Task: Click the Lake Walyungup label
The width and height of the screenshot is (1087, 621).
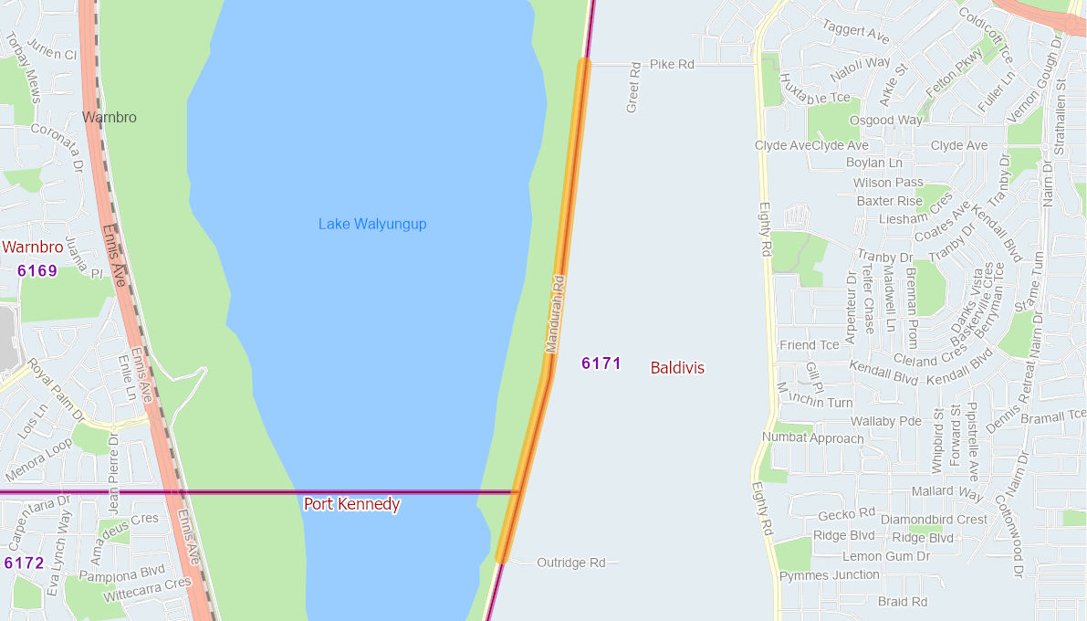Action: pos(372,224)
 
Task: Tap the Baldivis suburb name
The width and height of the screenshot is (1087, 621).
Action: pos(677,368)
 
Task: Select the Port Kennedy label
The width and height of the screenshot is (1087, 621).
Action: pos(351,504)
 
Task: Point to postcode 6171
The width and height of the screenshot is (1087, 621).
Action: pos(601,363)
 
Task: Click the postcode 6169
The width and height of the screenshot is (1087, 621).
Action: pos(37,270)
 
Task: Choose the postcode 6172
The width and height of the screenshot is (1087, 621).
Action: pos(24,563)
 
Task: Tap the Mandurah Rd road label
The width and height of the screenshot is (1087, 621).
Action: pos(556,314)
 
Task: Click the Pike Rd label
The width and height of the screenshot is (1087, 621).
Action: pos(672,65)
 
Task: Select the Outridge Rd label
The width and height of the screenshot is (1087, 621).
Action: pos(571,563)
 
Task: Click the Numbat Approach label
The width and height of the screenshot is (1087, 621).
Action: pos(813,438)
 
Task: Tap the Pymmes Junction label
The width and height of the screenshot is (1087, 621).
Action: pos(830,575)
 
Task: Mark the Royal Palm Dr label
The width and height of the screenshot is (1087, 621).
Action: pos(55,390)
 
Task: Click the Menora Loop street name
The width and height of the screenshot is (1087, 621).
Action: pos(38,460)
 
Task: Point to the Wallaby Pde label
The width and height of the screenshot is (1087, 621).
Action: pos(886,422)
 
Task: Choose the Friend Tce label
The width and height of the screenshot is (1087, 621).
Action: pos(810,345)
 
